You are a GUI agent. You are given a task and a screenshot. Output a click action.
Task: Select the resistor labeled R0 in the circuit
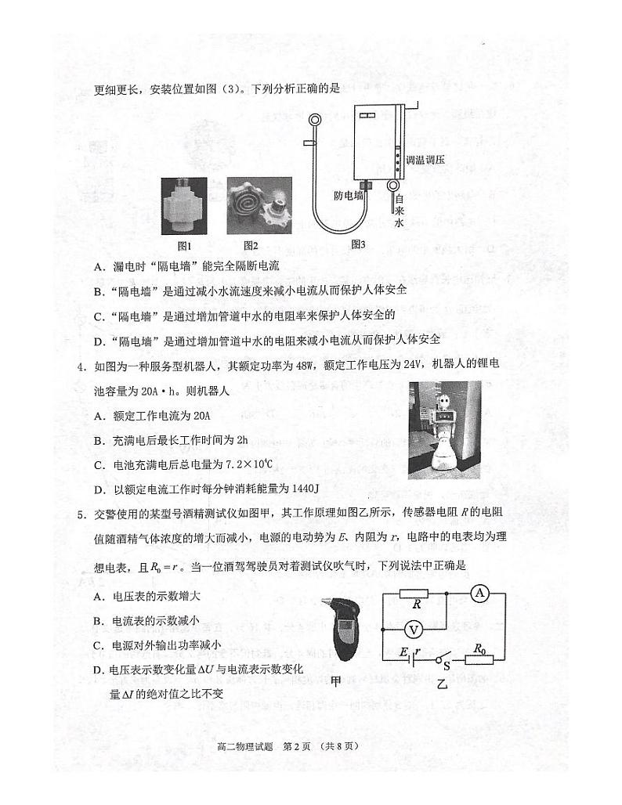coord(479,659)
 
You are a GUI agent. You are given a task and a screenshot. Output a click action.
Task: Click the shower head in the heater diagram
coord(315,120)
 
